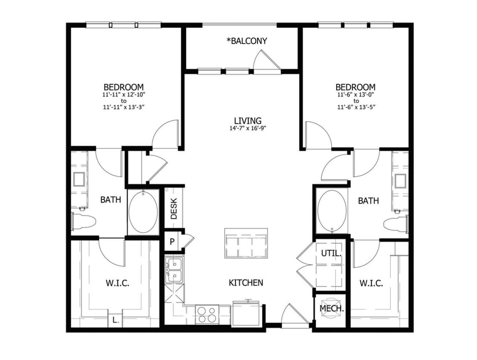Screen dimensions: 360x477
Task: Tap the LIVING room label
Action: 248,121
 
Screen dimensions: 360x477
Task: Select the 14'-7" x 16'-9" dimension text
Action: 248,128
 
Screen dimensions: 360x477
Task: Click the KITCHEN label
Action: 246,282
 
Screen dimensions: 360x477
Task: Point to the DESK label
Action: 174,209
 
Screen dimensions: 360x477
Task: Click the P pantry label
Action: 172,241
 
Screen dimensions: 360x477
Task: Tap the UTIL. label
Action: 331,253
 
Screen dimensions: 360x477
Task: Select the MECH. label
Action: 332,308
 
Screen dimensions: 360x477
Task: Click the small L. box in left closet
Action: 114,319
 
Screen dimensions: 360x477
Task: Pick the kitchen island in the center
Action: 246,243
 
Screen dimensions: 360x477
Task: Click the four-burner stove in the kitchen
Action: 207,314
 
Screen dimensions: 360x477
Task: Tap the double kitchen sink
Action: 174,270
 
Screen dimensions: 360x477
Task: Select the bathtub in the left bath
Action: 143,211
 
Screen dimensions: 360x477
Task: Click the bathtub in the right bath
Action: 331,211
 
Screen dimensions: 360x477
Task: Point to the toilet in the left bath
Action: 83,221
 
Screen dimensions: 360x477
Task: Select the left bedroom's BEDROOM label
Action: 123,87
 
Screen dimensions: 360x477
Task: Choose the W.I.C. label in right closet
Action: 370,283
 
